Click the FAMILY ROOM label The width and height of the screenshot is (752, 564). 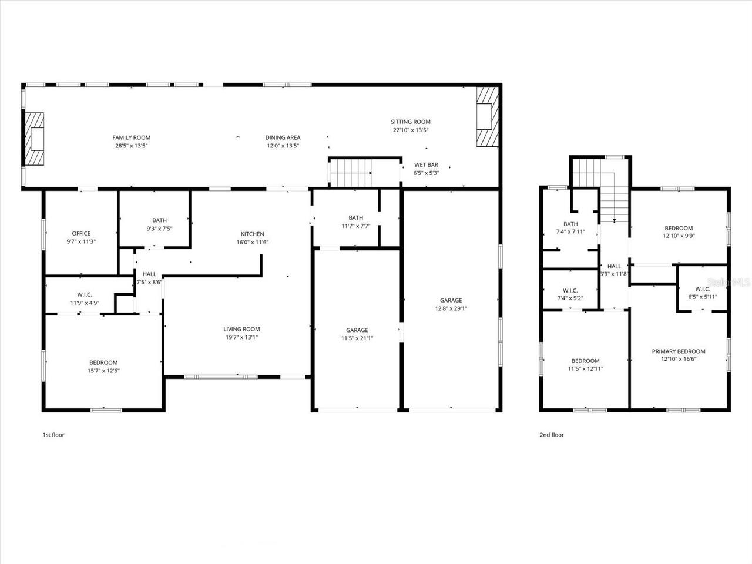[x=131, y=137]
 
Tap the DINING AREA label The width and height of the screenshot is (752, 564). [x=283, y=137]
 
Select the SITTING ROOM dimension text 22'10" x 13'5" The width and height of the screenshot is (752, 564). [x=411, y=130]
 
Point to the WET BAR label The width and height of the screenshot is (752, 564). [x=426, y=165]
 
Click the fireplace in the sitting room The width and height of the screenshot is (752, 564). [x=486, y=116]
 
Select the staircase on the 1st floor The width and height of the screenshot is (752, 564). [x=351, y=173]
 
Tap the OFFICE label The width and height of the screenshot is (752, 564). [x=81, y=233]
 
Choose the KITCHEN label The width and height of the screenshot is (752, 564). [x=252, y=234]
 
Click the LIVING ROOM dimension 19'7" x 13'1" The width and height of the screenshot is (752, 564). [x=241, y=337]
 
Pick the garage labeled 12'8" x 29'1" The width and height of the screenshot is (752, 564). [x=451, y=304]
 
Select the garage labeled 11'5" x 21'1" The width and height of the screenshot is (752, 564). [x=357, y=334]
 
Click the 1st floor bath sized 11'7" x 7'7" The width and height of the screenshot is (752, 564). [x=355, y=221]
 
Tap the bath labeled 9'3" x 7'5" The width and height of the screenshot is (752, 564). [x=159, y=224]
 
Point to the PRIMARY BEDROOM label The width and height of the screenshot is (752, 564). [x=679, y=351]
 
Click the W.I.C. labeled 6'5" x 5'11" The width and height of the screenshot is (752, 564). [x=703, y=293]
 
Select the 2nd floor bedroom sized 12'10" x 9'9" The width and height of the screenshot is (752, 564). [x=679, y=231]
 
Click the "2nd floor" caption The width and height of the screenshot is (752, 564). [x=552, y=435]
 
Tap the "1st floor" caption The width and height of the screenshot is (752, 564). [x=53, y=435]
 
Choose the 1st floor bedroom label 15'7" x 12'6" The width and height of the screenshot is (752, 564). [x=103, y=367]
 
